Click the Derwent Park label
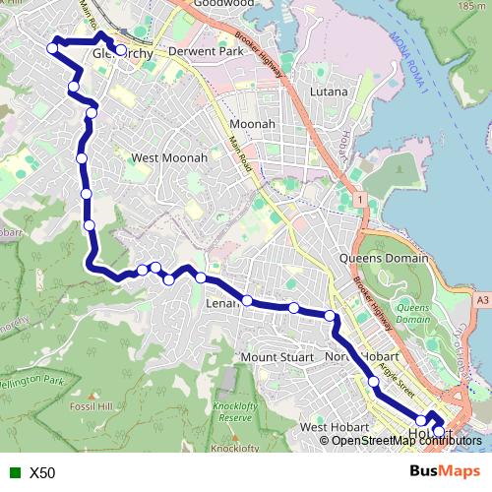tap(206, 50)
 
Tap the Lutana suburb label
tap(330, 92)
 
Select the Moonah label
tap(251, 124)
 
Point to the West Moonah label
tap(169, 157)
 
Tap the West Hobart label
tap(334, 427)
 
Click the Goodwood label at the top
tap(225, 4)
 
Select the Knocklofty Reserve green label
tap(234, 411)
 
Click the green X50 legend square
tap(11, 473)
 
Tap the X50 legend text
tap(42, 473)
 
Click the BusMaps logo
tap(445, 472)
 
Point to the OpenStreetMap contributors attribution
tap(406, 441)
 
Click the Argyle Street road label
tap(388, 364)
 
